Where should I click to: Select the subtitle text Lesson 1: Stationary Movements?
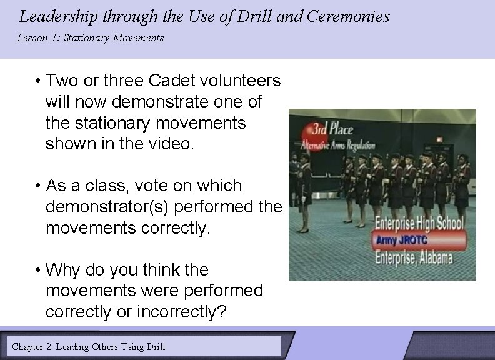(x=91, y=38)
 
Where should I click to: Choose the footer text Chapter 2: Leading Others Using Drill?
(x=89, y=346)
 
